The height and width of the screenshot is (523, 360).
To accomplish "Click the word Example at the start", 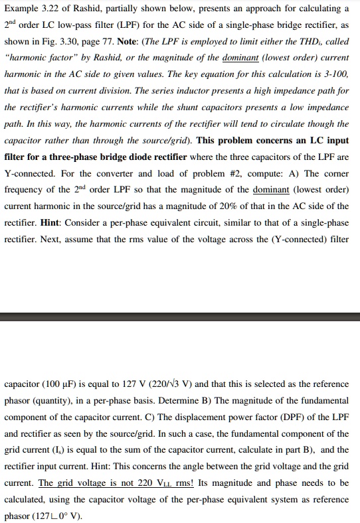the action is click(22, 9).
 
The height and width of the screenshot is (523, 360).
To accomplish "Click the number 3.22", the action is click(56, 9).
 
